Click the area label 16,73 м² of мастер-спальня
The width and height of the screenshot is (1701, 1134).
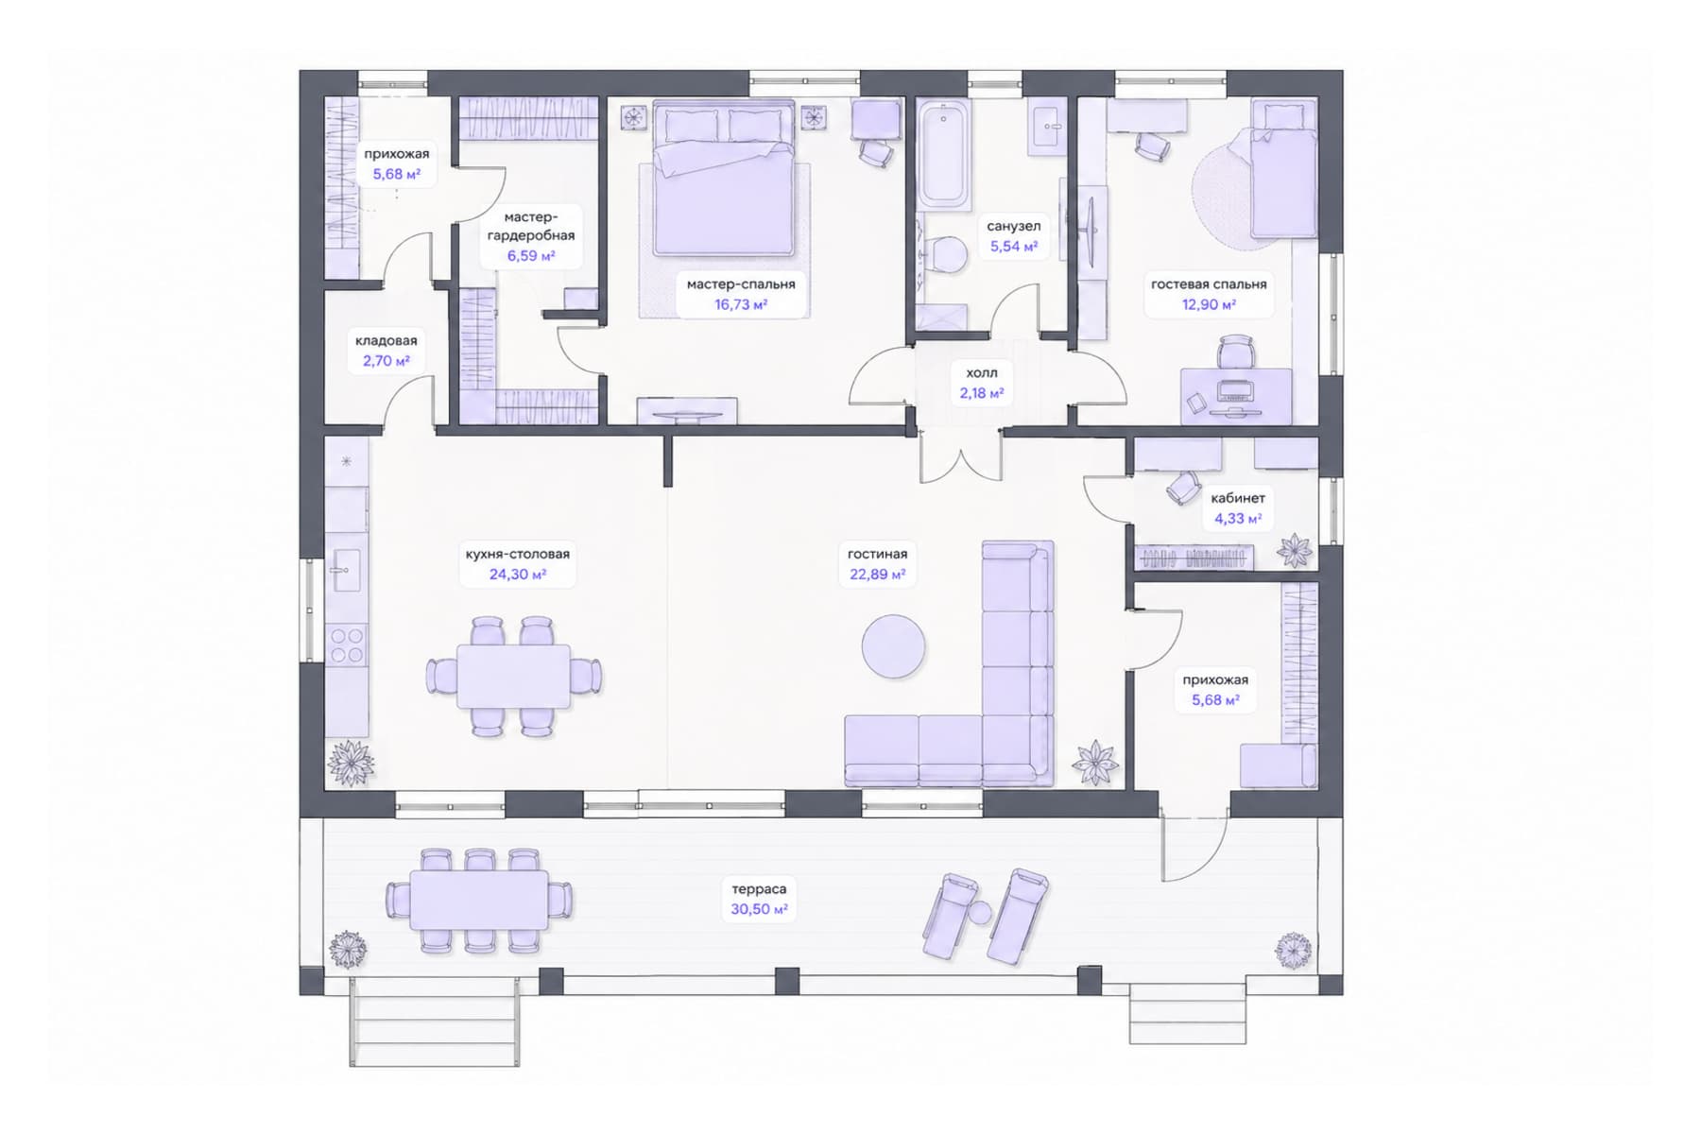pos(740,304)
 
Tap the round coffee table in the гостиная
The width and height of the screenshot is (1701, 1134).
pos(893,646)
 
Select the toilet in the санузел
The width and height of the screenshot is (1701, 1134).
pos(945,255)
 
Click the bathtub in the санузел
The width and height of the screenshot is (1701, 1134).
pos(944,156)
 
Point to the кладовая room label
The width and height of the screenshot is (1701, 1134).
pos(387,340)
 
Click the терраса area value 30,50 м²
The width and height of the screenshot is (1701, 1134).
pos(759,909)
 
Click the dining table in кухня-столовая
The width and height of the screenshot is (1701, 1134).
pos(513,676)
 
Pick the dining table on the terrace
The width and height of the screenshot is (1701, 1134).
pos(478,900)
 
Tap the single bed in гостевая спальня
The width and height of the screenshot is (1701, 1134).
pos(1283,170)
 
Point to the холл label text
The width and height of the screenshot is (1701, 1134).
pos(982,372)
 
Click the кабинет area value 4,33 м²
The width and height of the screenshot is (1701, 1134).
pos(1238,519)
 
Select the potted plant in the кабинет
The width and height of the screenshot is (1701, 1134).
pos(1295,549)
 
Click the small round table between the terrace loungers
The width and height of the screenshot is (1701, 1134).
pos(980,913)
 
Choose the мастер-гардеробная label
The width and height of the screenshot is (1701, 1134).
pos(531,227)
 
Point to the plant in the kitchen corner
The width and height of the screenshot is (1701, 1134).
pos(349,762)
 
